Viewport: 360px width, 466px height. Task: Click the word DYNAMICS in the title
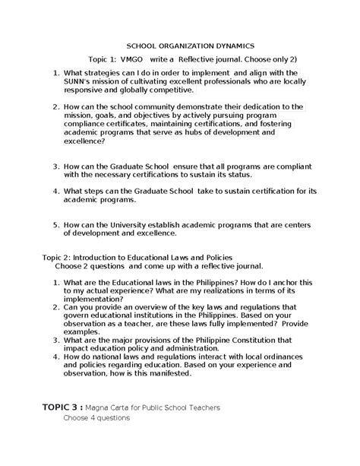223,45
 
